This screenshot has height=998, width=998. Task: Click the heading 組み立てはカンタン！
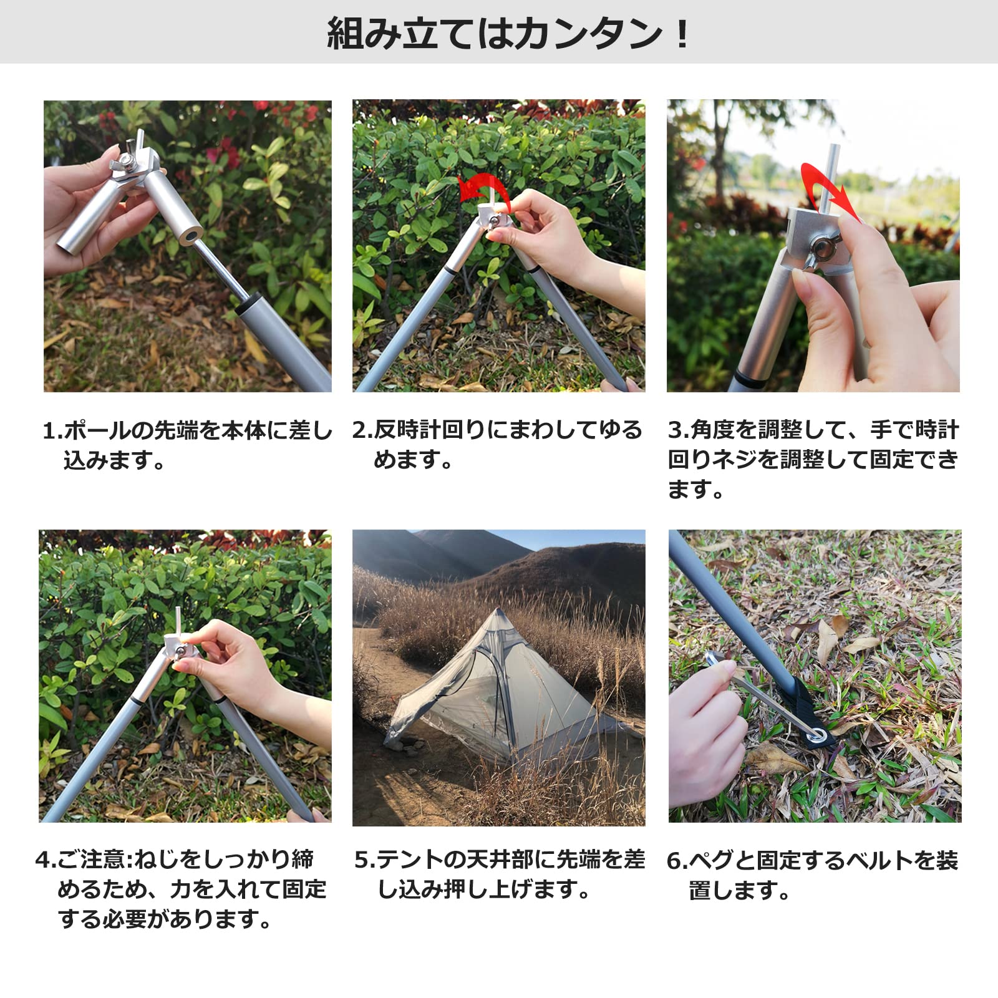(x=508, y=34)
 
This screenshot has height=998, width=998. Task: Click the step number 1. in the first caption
(x=52, y=431)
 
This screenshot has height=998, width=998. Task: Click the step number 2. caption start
(x=362, y=430)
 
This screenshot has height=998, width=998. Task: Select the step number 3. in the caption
(x=678, y=430)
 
